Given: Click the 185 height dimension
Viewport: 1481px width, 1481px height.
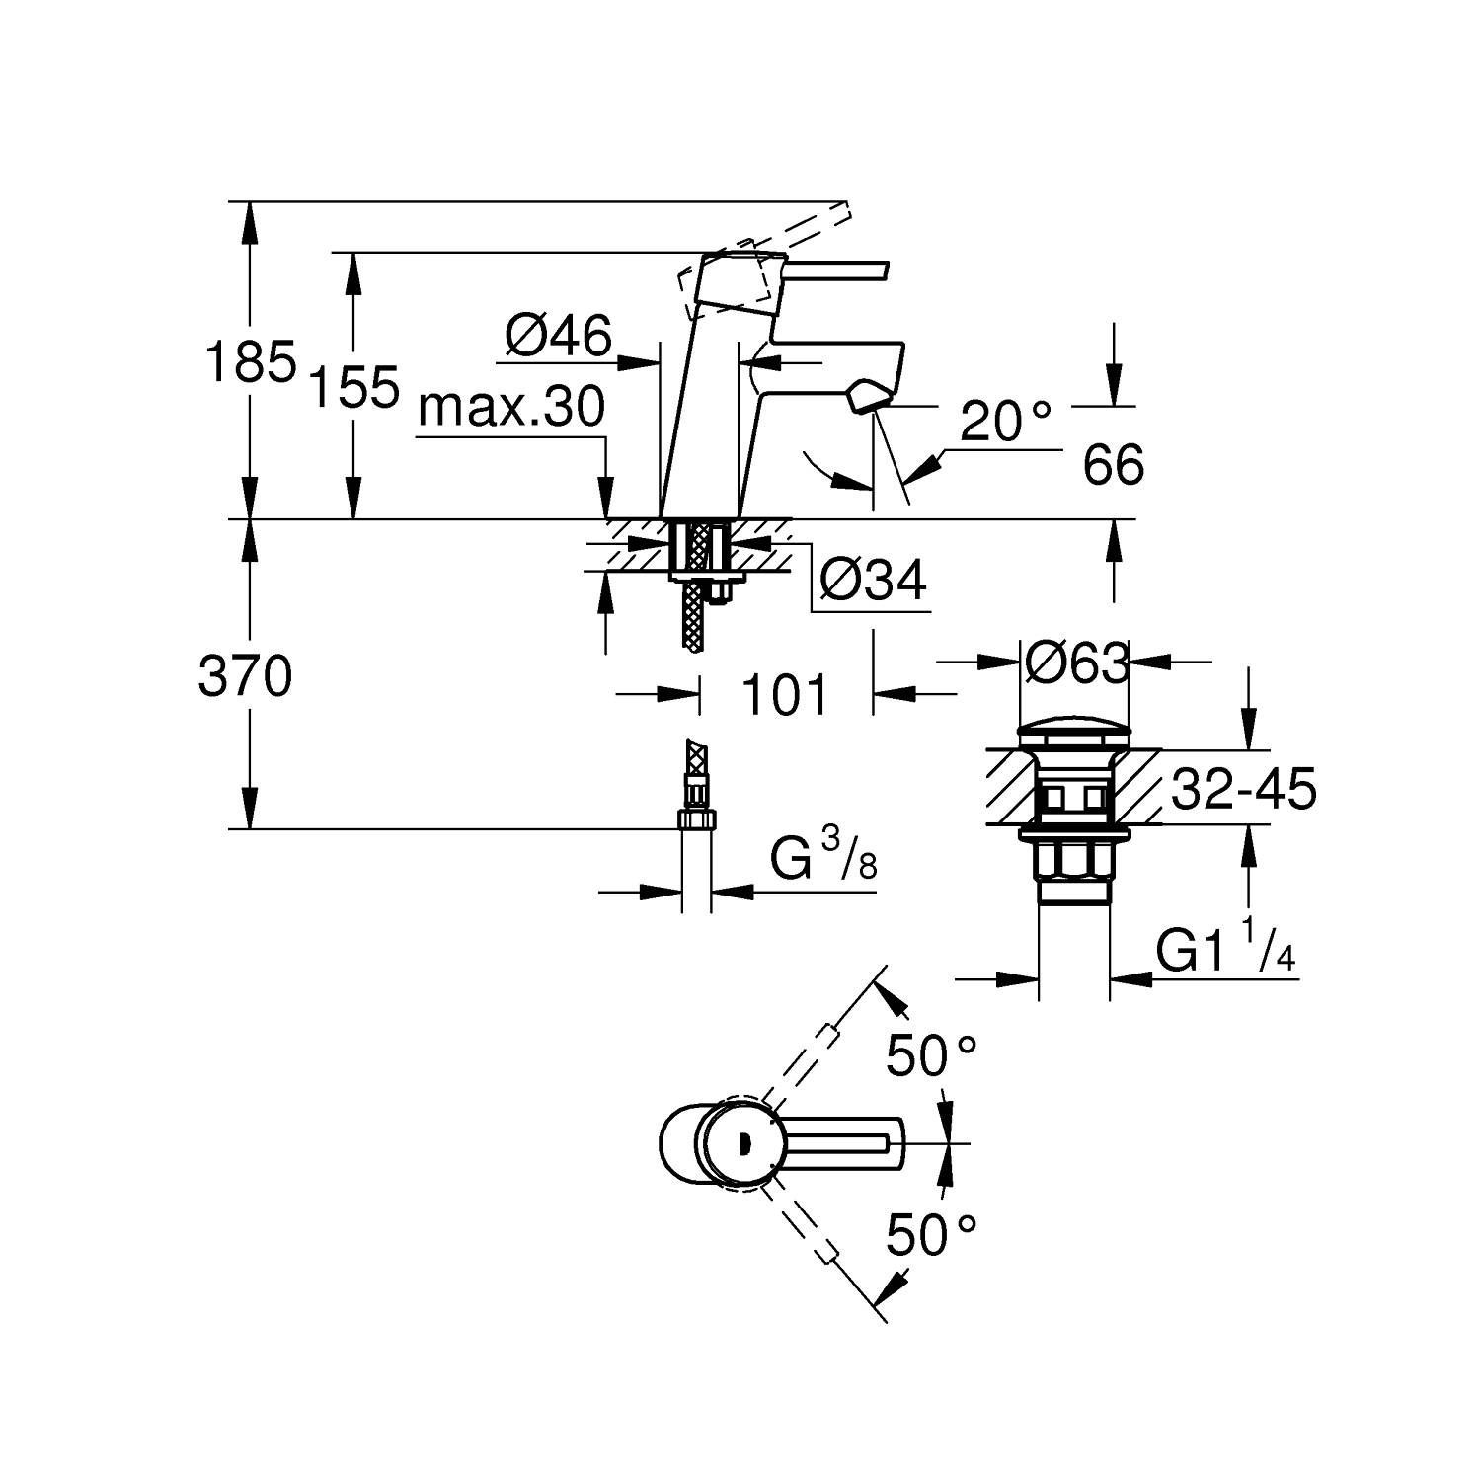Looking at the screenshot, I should click(x=250, y=362).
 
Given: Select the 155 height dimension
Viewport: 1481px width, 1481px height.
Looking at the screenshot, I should click(x=353, y=386).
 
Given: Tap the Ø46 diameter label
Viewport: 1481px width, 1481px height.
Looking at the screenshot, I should click(x=558, y=336).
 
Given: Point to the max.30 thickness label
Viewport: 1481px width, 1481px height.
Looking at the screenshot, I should click(x=510, y=407).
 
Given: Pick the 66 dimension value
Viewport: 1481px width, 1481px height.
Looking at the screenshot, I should click(x=1113, y=465).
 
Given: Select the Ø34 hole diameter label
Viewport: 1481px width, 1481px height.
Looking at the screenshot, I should click(x=874, y=581).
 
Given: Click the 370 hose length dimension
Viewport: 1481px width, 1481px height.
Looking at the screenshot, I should click(x=245, y=677).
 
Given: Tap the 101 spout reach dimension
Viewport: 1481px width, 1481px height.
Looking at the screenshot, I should click(x=785, y=696).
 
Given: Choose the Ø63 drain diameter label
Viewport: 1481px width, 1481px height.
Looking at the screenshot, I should click(x=1075, y=663).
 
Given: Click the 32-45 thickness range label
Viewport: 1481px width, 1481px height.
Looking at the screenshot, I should click(x=1243, y=790).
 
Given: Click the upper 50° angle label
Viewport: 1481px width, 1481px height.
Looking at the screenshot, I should click(x=931, y=1057).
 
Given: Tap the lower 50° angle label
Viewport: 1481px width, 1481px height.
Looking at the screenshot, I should click(x=931, y=1234).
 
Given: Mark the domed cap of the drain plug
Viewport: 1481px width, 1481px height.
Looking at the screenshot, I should click(x=1073, y=734).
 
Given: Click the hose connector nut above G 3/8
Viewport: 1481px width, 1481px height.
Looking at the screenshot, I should click(x=696, y=819).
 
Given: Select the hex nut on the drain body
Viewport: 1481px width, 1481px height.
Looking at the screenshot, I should click(x=1073, y=858).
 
